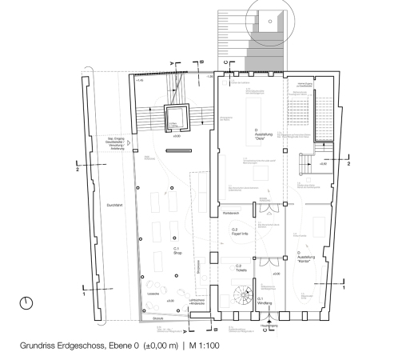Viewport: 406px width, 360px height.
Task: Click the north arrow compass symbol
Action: (27, 303)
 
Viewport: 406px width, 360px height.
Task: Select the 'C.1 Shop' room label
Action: (177, 253)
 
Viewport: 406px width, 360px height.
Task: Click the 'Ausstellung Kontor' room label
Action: (304, 258)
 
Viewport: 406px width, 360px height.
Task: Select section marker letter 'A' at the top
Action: (172, 62)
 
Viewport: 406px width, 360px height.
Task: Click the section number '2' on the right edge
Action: (348, 162)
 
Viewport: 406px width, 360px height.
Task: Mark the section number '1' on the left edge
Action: (83, 294)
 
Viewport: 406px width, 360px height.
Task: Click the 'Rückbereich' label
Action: (233, 214)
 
